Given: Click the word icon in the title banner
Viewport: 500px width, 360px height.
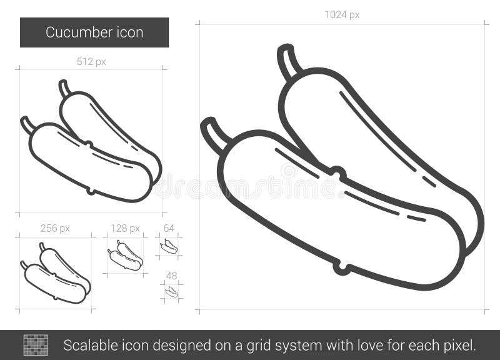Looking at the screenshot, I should coord(128,32).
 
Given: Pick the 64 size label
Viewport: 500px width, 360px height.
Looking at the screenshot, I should coord(169,228).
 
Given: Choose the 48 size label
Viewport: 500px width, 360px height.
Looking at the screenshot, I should coord(171,276).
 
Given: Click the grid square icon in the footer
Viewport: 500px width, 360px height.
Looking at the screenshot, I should coord(36,345).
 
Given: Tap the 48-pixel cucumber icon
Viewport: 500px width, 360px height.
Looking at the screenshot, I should coord(171,291).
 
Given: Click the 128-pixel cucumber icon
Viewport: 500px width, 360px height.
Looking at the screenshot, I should coord(125,256).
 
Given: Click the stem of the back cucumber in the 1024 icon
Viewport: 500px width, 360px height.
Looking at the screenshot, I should coord(288,61).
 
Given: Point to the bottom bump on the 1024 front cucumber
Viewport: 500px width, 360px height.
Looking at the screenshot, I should coord(341,269).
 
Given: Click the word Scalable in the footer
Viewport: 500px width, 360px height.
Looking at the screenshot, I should coord(87,345).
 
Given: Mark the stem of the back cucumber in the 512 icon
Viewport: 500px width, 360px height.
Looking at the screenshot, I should coord(64,88).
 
